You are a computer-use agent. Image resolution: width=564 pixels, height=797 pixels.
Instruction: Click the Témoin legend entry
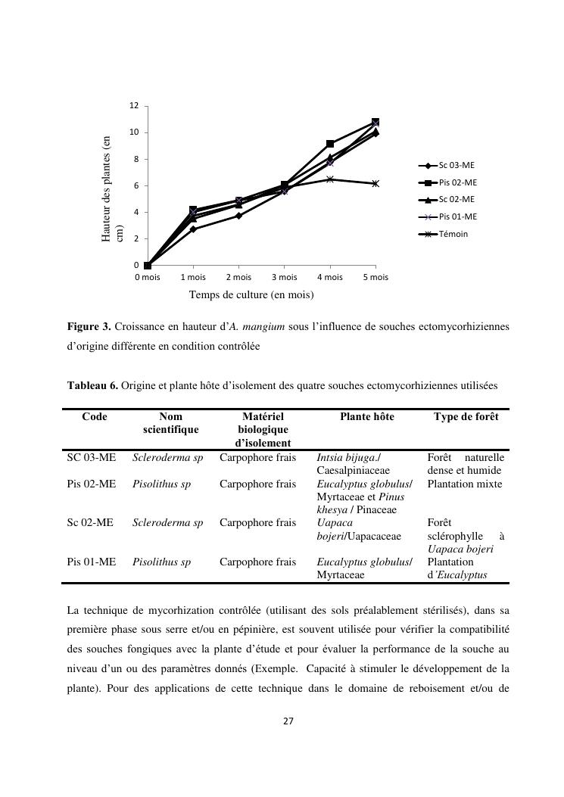pos(453,234)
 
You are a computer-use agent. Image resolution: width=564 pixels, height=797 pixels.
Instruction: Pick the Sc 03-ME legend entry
pos(456,165)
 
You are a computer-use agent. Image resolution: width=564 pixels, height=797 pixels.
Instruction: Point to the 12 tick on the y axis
pos(133,106)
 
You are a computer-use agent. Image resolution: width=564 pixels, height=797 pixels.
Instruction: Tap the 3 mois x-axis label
pos(284,277)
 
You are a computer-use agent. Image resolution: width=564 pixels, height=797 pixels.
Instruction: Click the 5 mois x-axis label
pos(375,277)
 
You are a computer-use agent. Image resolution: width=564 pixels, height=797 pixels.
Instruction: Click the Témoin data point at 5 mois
pos(375,183)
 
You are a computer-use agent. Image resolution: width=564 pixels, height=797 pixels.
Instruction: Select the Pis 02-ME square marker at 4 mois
pos(330,144)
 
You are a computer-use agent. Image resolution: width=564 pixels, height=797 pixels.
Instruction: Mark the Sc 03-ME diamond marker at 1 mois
pos(193,229)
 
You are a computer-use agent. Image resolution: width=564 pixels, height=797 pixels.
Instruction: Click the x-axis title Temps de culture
pos(251,294)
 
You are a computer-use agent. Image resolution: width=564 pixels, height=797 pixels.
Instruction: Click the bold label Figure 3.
pos(89,327)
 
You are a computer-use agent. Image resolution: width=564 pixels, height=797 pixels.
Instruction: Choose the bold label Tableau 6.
pos(92,385)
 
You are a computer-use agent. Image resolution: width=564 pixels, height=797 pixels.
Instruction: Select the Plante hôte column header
pos(366,417)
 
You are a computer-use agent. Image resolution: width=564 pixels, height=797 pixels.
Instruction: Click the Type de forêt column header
pos(466,417)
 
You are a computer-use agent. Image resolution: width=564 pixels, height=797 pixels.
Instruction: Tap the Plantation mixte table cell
pos(464,484)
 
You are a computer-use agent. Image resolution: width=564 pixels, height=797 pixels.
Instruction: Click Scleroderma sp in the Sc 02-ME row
pos(167,522)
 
